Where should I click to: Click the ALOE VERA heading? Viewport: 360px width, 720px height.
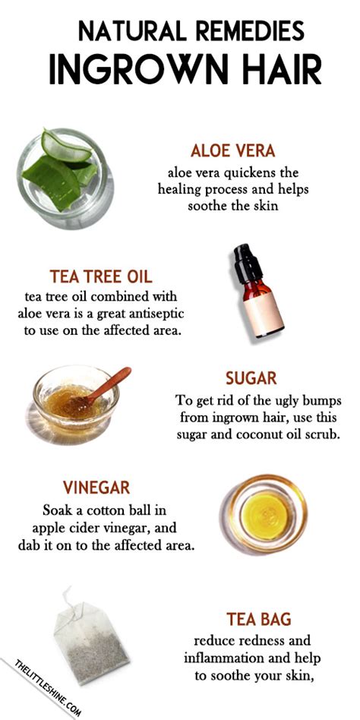click(233, 150)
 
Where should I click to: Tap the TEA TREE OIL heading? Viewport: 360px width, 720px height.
click(101, 276)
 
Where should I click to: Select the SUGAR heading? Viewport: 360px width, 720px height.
click(251, 378)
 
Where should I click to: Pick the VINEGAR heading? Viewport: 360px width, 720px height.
click(96, 487)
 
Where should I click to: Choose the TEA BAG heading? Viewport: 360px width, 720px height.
click(259, 619)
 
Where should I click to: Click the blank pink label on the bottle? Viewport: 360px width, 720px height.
click(264, 314)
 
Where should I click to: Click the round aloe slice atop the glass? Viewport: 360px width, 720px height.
click(65, 145)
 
